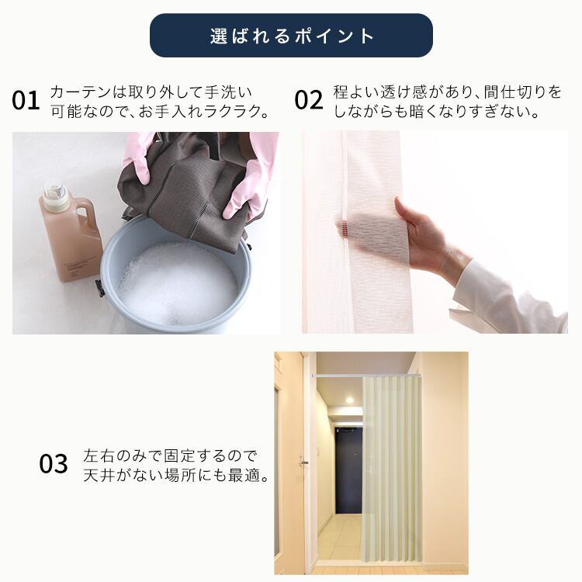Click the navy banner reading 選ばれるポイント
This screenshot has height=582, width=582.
[x=291, y=35]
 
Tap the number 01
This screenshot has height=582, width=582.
[x=26, y=100]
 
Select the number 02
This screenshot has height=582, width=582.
[x=308, y=100]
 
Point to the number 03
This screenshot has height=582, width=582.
[x=54, y=463]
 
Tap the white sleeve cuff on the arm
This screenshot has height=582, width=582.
[x=508, y=300]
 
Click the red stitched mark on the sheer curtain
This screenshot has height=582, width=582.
[x=345, y=228]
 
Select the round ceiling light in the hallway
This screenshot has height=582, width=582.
[x=349, y=400]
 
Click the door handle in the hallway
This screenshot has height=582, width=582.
[x=303, y=462]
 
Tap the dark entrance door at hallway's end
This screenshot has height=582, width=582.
[x=348, y=470]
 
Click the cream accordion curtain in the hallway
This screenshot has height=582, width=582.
[x=392, y=468]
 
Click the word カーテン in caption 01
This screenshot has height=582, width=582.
[x=81, y=92]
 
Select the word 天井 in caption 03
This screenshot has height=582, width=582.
[x=99, y=476]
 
